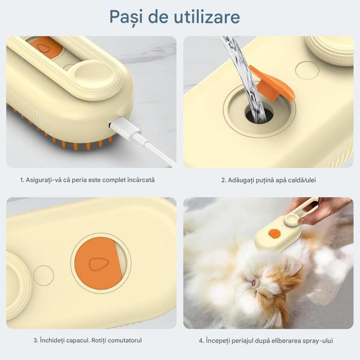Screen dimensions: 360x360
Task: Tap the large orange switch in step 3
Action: (97, 264)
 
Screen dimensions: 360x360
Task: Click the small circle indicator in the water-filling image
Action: (307, 70)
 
